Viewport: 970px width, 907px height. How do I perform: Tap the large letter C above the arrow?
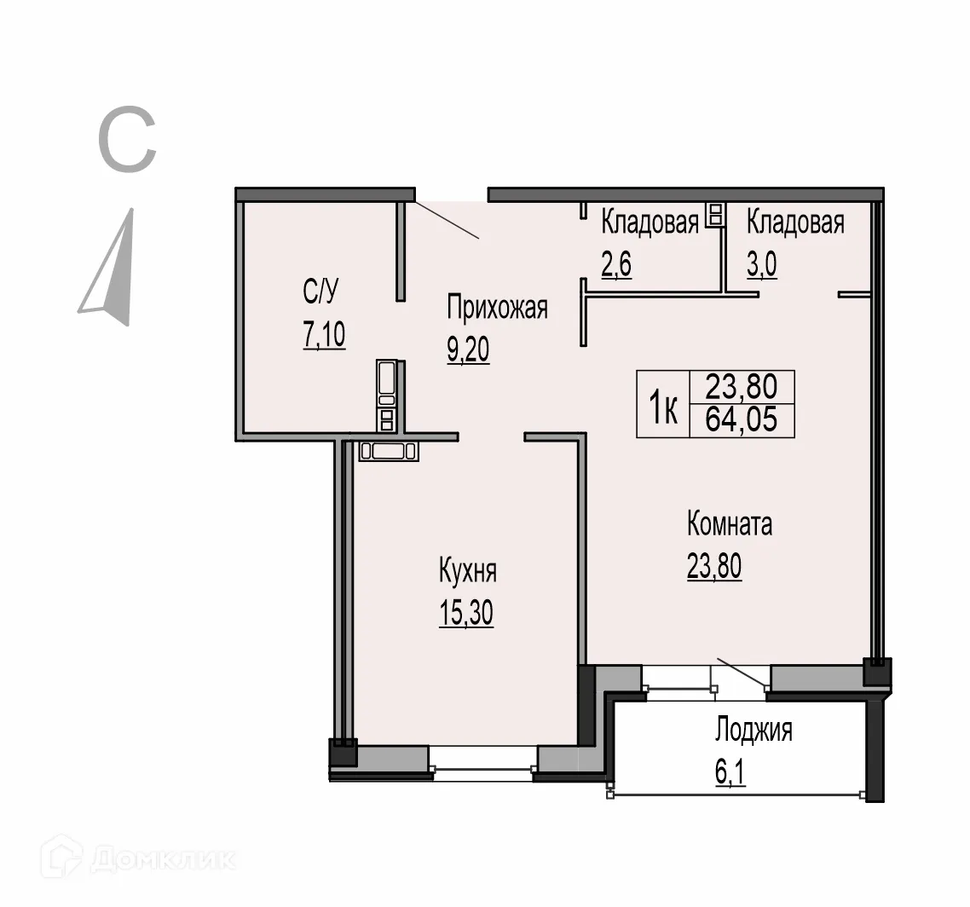[x=128, y=142]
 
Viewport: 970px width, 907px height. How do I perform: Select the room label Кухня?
[x=467, y=571]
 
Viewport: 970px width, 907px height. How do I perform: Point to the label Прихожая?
[x=498, y=308]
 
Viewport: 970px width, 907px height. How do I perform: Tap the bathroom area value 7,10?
[x=323, y=335]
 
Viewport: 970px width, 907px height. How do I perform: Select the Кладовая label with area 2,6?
[x=650, y=222]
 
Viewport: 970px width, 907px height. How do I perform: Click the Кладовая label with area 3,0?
[x=795, y=222]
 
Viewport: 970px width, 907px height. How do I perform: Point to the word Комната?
[x=730, y=524]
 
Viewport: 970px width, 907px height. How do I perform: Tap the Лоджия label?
[x=753, y=731]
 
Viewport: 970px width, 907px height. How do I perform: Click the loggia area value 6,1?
[x=730, y=773]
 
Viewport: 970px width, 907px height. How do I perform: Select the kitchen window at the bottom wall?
[x=483, y=762]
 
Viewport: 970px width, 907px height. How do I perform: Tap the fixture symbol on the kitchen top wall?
[x=388, y=451]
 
